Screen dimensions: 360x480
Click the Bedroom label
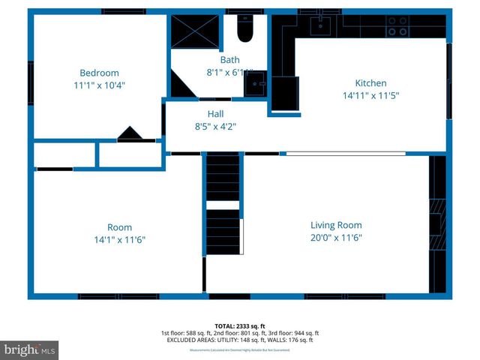pyautogui.click(x=100, y=73)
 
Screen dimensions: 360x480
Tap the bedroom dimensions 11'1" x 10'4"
pyautogui.click(x=100, y=85)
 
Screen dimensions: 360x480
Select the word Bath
pyautogui.click(x=229, y=60)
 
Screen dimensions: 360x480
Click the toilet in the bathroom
pyautogui.click(x=245, y=29)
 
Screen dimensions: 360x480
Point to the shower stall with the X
pyautogui.click(x=194, y=31)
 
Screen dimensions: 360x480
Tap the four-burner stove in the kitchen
pyautogui.click(x=397, y=26)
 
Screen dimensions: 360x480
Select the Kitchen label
pyautogui.click(x=370, y=83)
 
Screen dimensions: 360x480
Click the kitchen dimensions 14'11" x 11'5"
pyautogui.click(x=370, y=96)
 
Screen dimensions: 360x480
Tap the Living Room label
pyautogui.click(x=336, y=225)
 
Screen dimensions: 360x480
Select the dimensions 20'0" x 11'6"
pyautogui.click(x=336, y=238)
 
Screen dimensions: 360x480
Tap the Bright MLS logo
pyautogui.click(x=30, y=349)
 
